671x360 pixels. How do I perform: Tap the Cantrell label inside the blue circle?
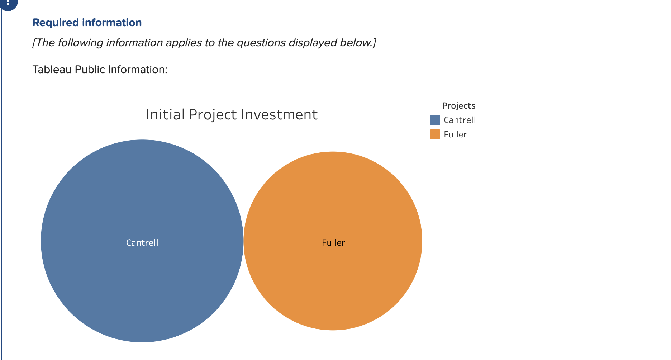[142, 243]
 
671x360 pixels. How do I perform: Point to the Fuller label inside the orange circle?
[333, 243]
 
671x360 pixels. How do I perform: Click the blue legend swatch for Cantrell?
[435, 120]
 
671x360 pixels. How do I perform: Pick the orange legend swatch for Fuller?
[435, 134]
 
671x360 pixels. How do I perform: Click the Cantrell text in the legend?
[460, 120]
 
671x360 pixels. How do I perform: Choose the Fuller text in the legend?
[455, 134]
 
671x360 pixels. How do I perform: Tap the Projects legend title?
[459, 106]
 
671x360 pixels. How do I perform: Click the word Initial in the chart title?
[165, 115]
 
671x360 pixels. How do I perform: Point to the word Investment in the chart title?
[279, 115]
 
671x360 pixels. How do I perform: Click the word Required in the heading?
[56, 23]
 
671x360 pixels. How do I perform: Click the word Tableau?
[52, 69]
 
